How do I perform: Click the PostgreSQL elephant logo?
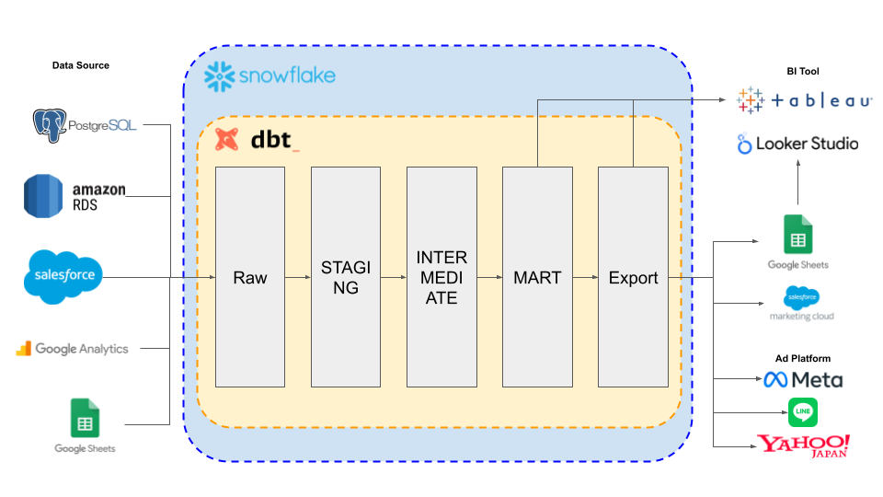point(50,125)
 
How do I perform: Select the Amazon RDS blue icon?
point(43,196)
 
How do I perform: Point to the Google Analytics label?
point(82,349)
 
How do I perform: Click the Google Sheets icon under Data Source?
point(85,418)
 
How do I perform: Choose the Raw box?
point(250,277)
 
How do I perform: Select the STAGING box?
point(346,277)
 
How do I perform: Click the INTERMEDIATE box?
point(441,277)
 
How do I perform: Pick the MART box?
point(537,277)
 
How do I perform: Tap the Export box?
point(633,277)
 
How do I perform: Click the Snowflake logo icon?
point(219,76)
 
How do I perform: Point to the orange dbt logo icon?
point(227,139)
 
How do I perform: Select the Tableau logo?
point(804,100)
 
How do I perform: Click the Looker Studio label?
point(807,144)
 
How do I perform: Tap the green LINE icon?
point(802,412)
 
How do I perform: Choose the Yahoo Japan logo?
point(804,445)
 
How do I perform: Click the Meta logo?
point(803,380)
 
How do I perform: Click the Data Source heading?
point(81,65)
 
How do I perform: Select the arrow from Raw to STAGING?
point(298,277)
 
